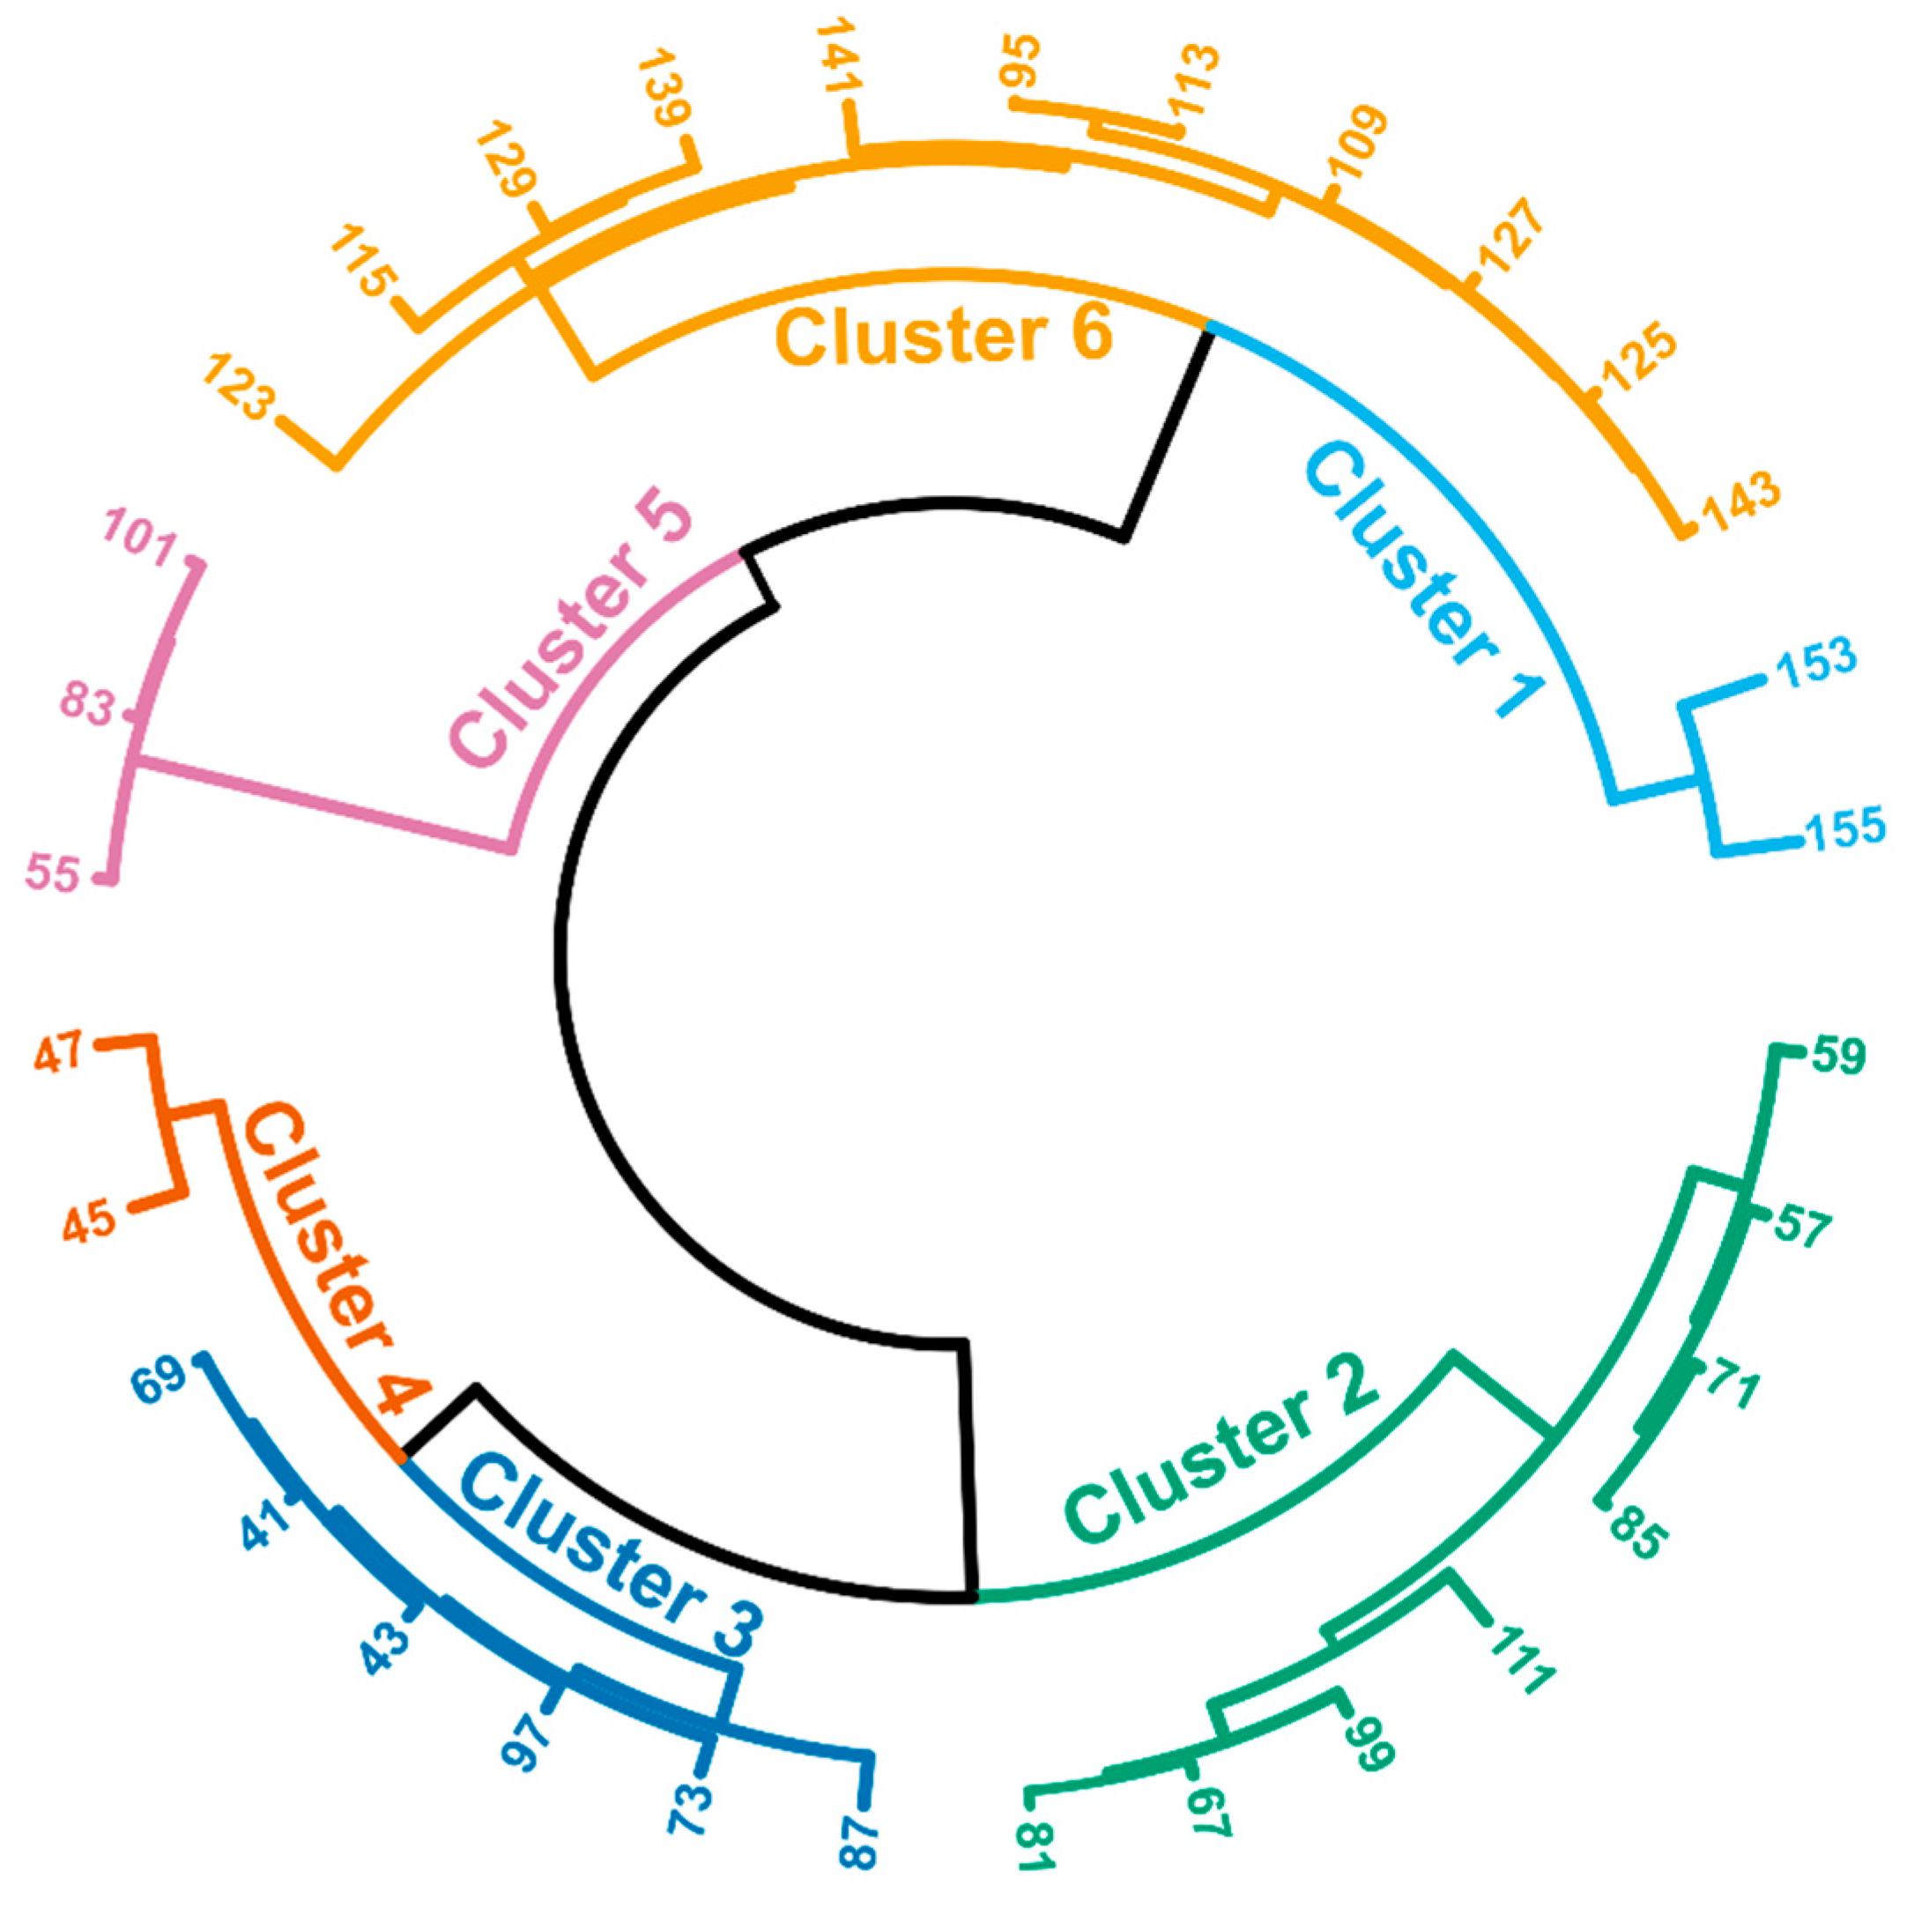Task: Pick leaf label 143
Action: pyautogui.click(x=1742, y=501)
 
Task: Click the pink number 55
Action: pyautogui.click(x=52, y=873)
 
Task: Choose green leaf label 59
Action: pyautogui.click(x=1838, y=1055)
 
